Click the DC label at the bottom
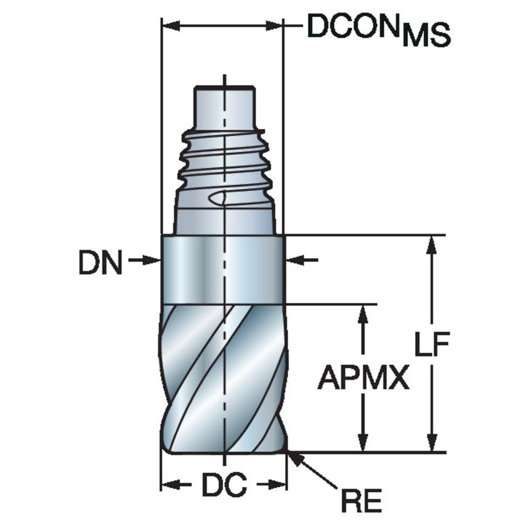tap(224, 485)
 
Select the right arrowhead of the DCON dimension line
tap(275, 26)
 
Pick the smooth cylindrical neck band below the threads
tap(223, 269)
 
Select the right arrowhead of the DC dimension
tap(279, 484)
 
